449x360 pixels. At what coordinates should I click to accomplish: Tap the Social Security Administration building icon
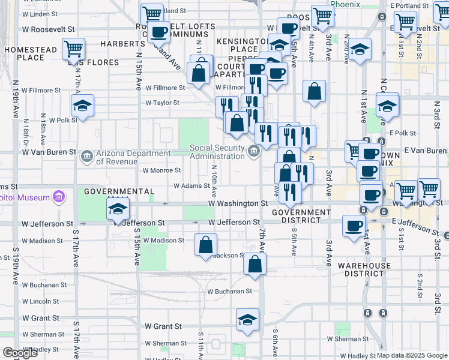pos(254,149)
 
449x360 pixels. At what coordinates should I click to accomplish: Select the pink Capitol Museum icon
pos(58,196)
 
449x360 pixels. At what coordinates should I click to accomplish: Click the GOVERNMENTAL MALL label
pos(119,191)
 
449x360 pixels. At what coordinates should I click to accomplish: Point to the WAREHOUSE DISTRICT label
pos(360,269)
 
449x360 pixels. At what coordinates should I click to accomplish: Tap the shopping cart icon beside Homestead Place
pos(73,48)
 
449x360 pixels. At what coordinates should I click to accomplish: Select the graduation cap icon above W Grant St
pos(247,319)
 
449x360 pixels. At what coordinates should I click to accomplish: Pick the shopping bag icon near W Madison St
pos(205,244)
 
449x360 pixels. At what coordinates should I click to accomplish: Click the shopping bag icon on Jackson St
pos(255,265)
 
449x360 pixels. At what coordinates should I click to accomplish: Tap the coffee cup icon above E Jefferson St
pos(354,225)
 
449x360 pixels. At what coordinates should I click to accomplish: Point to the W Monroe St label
pos(158,170)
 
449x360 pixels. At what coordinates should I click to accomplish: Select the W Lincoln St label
pos(40,301)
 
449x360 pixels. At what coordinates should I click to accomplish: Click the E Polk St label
pos(402,133)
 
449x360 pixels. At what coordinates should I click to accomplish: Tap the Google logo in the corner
pos(20,353)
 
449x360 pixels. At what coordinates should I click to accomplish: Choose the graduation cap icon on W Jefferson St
pos(118,209)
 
